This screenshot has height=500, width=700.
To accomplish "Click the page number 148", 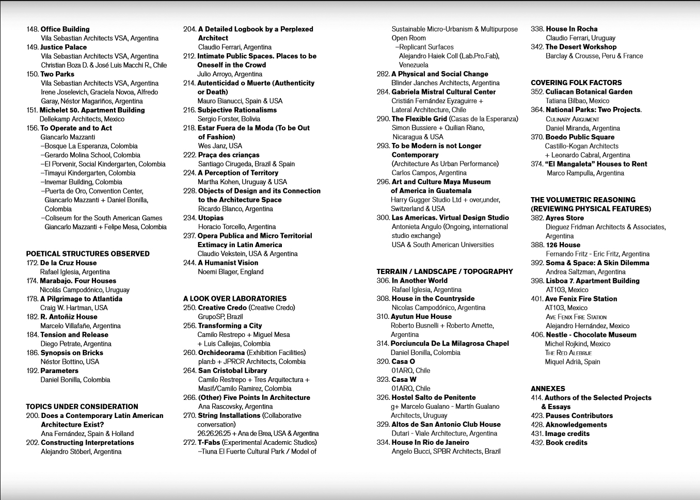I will [33, 29].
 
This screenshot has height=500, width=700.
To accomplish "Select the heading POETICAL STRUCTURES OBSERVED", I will [88, 254].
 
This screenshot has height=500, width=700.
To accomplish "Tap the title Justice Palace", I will [63, 47].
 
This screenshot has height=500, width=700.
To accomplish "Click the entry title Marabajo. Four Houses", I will [78, 281].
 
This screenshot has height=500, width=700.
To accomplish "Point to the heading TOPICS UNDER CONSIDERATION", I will [82, 407].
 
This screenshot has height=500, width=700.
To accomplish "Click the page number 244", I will [189, 263].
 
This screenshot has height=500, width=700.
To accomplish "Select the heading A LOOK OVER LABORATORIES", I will [235, 299].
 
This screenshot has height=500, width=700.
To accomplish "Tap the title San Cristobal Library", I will [232, 370].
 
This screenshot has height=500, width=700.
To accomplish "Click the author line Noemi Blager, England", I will [231, 272].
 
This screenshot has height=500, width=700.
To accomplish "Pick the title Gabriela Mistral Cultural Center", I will [443, 92].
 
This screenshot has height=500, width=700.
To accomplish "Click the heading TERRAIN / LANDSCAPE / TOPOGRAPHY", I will [444, 271].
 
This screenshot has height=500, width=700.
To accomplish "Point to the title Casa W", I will [404, 379].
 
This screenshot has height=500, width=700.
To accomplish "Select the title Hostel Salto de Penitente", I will [434, 397].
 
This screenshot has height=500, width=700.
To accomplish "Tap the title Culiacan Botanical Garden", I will [589, 92].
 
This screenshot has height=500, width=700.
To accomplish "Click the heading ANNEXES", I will [548, 389].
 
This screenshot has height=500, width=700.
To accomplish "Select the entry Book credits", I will [566, 443].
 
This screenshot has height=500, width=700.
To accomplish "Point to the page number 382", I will [537, 218].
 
